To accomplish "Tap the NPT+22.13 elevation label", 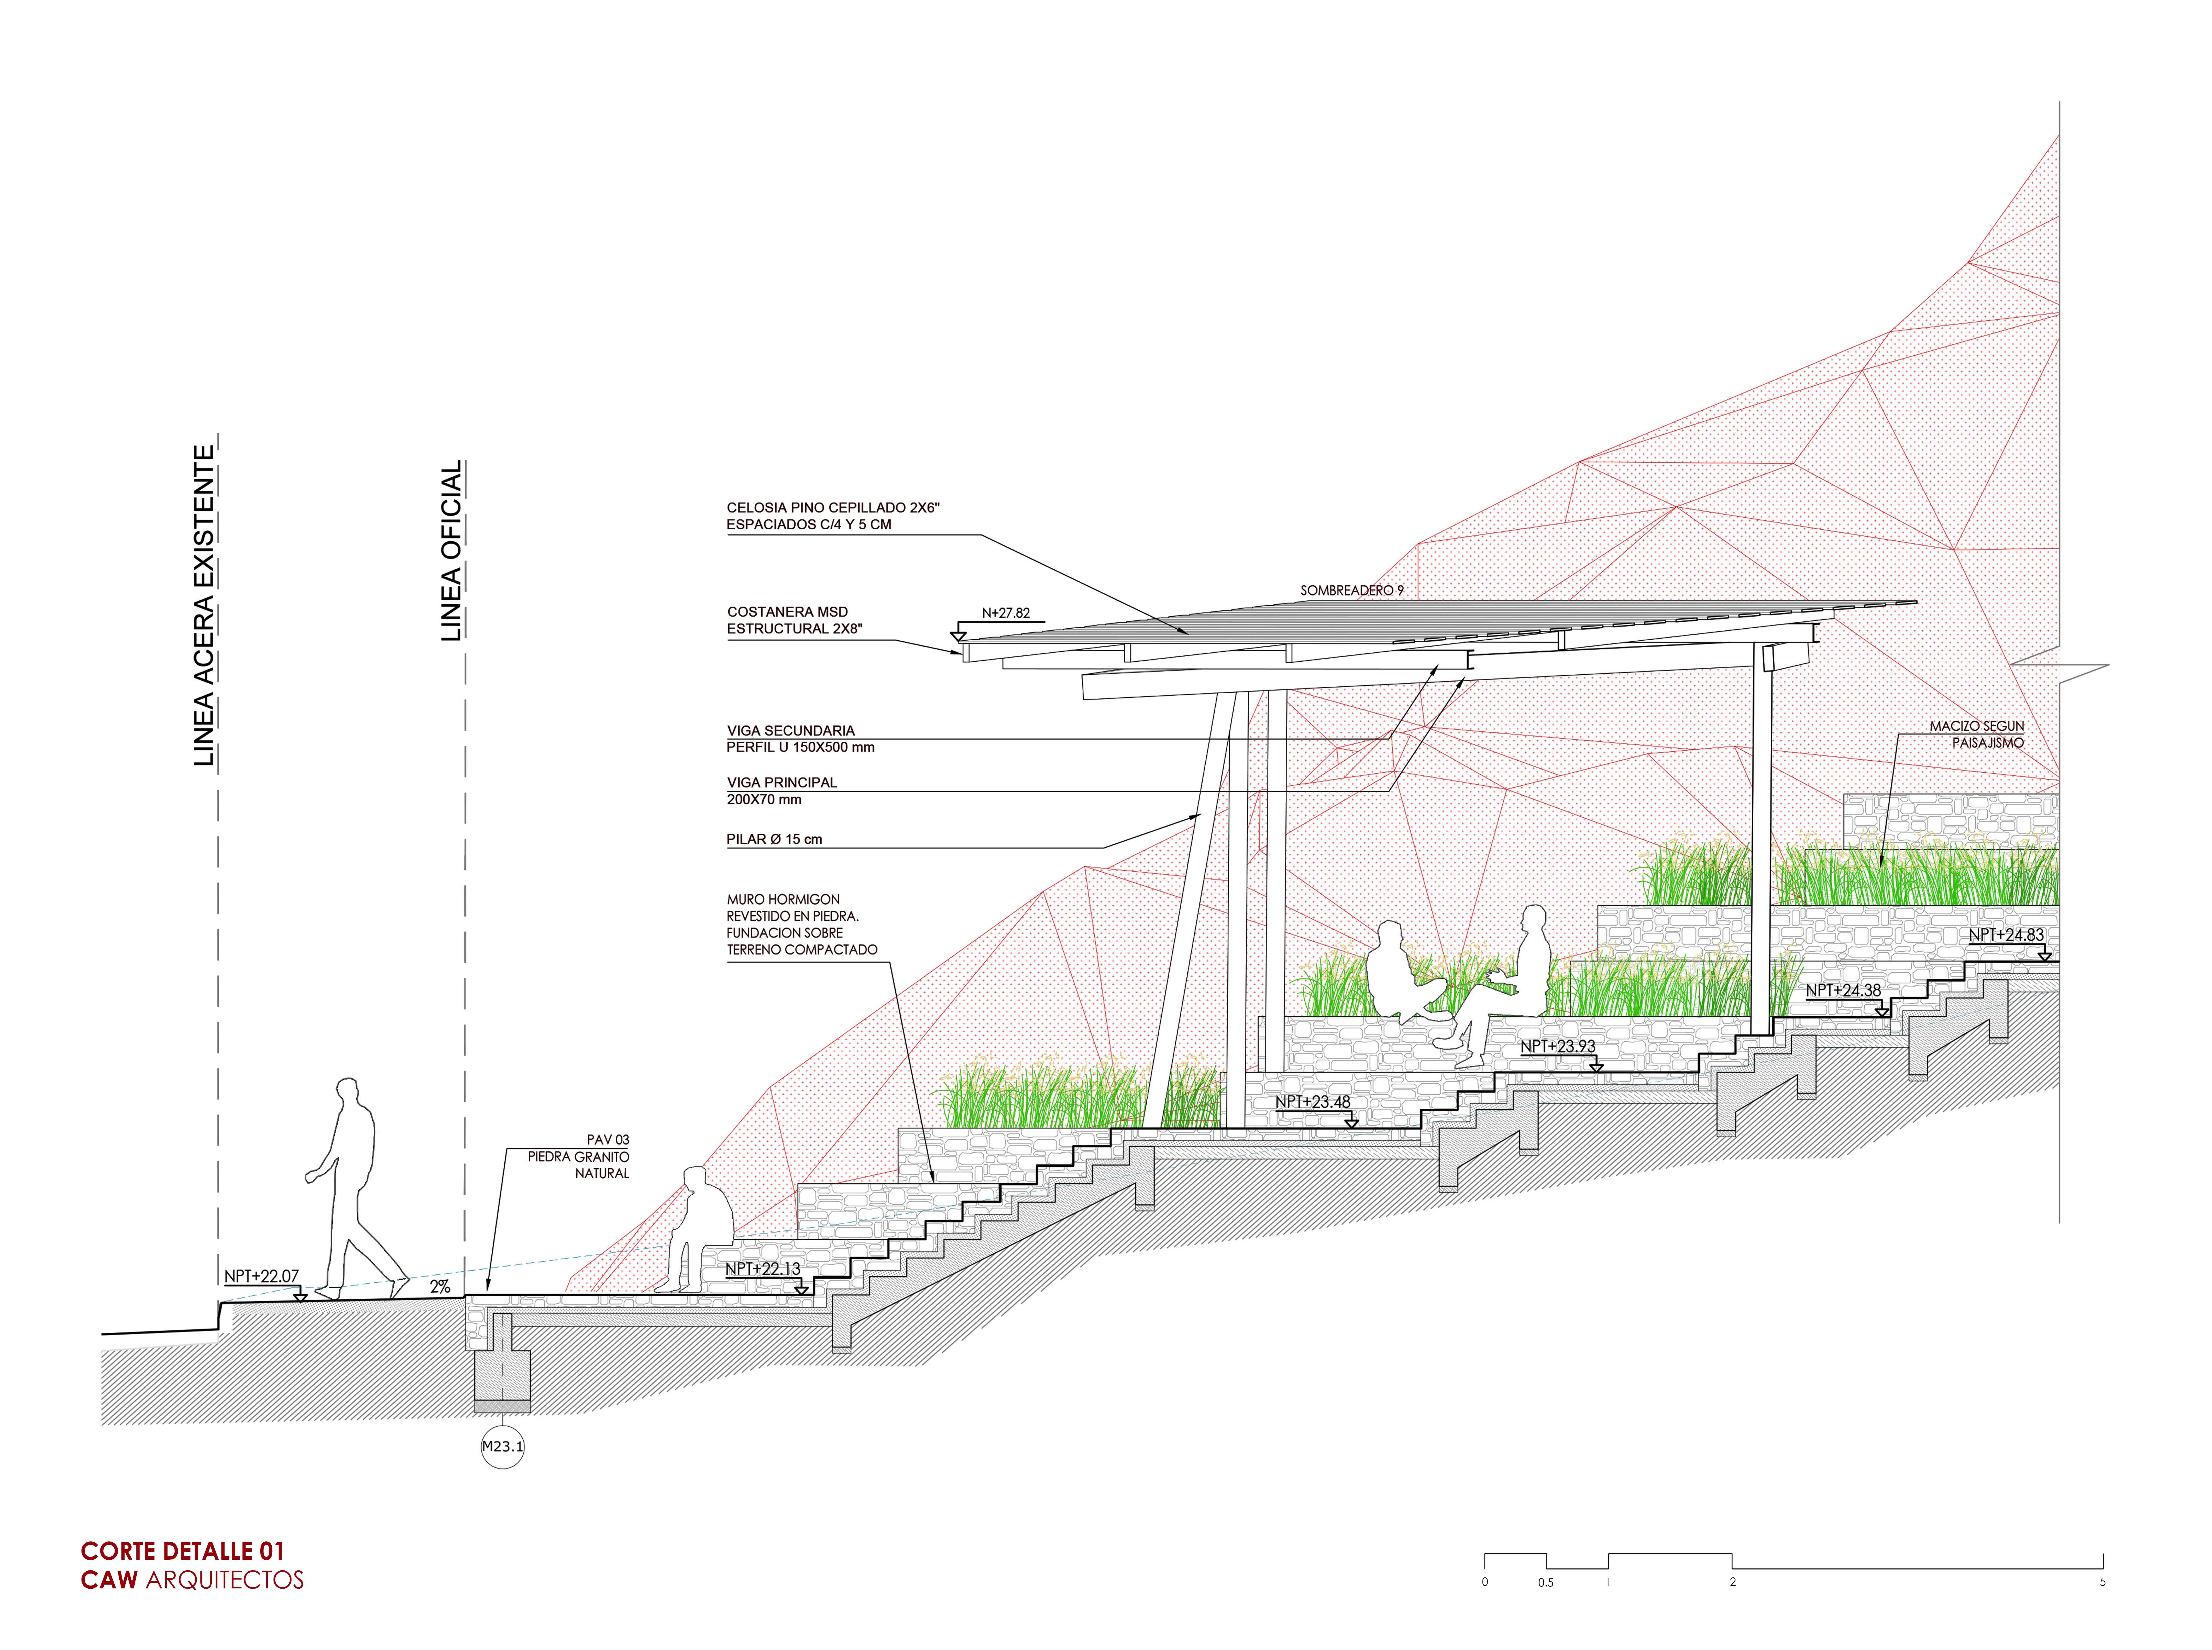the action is (762, 1268).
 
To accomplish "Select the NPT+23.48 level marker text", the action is (1312, 1102).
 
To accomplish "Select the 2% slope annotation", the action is (440, 1287).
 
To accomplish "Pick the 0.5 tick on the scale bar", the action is (1546, 1582).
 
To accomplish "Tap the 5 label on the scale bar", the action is (2102, 1582).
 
